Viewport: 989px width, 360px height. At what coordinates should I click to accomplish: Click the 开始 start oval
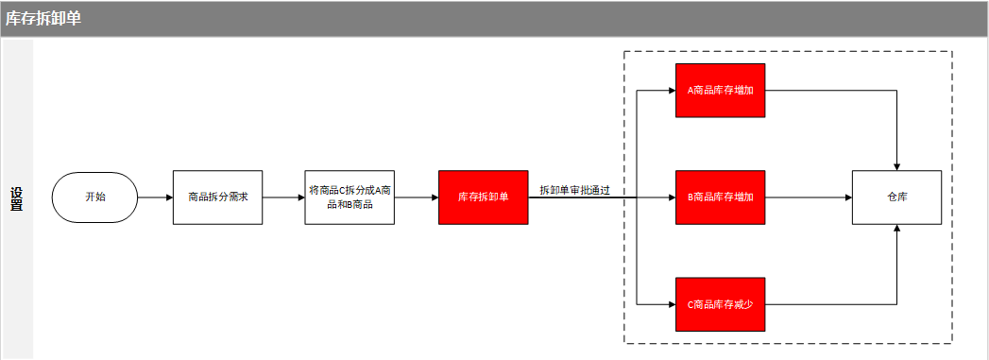tap(94, 197)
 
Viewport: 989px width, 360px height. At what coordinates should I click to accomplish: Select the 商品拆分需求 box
tap(217, 197)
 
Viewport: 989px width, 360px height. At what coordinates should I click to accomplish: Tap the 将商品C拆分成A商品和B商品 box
tap(350, 197)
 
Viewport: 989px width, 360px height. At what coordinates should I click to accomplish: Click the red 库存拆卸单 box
tap(483, 197)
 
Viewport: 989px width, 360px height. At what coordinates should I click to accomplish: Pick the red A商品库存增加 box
tap(721, 90)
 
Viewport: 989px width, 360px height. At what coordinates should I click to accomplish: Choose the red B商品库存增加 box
tap(721, 197)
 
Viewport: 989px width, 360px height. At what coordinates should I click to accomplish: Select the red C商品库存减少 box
tap(721, 304)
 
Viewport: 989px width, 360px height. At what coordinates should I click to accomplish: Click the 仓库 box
tap(896, 197)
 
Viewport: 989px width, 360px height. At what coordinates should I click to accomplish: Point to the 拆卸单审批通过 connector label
tap(574, 190)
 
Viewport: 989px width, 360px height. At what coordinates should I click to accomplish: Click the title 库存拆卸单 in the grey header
tap(43, 18)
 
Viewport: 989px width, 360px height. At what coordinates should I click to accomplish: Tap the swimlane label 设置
tap(16, 198)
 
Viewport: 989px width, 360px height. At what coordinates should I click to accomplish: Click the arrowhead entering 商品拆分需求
tap(169, 197)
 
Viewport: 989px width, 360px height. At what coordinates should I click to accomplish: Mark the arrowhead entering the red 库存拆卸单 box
tap(435, 197)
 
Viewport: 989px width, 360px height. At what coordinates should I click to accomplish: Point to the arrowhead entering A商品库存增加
tap(672, 90)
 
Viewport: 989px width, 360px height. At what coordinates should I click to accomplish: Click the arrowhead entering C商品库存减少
tap(672, 304)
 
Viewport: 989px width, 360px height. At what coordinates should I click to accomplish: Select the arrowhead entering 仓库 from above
tap(897, 166)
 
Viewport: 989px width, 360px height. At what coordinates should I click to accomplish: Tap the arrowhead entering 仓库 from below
tap(897, 229)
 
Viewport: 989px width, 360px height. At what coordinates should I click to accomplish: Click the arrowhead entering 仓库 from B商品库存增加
tap(848, 197)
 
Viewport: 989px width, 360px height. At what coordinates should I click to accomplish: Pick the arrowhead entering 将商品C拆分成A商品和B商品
tap(301, 197)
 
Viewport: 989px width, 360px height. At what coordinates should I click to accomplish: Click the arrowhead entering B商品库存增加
tap(672, 197)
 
